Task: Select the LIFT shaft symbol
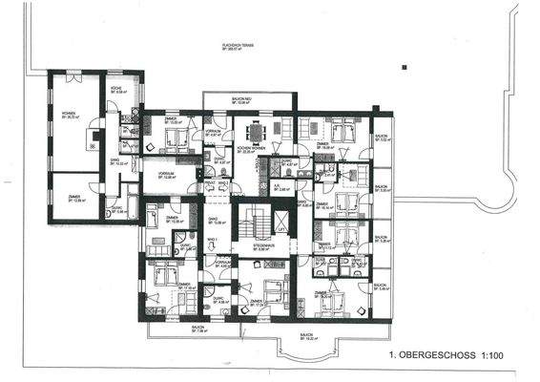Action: point(281,222)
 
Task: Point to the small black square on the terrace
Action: point(405,68)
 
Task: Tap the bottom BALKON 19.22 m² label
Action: point(305,336)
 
